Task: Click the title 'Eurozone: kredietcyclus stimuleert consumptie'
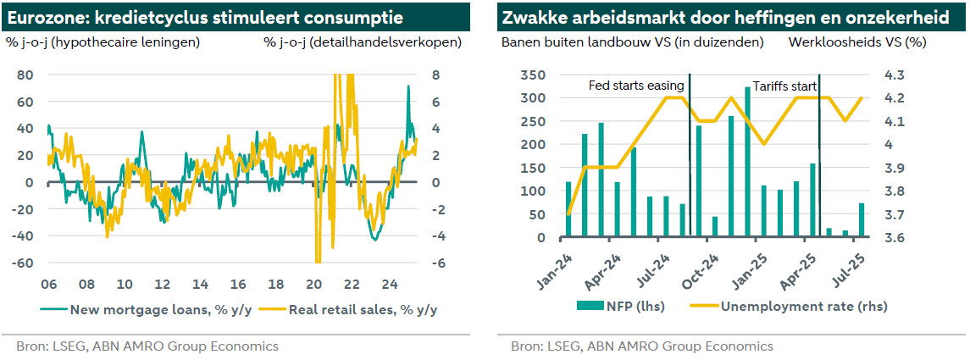(204, 17)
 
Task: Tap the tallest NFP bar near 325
(747, 161)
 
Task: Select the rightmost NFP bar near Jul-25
(862, 220)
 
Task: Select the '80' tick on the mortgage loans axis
(25, 75)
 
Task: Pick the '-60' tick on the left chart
(22, 263)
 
